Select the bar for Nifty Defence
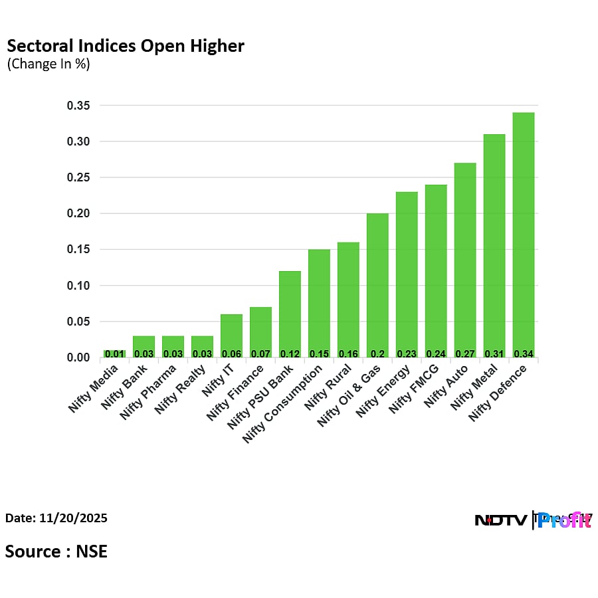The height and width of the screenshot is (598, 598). [x=524, y=235]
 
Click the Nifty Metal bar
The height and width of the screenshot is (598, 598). [x=494, y=246]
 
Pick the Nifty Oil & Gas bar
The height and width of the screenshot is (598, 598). [x=377, y=286]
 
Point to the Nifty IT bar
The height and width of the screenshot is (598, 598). [x=231, y=336]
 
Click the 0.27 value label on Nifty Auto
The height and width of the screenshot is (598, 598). [x=465, y=353]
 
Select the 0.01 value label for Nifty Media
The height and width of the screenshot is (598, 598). [x=114, y=353]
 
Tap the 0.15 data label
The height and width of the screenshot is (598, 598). [x=319, y=353]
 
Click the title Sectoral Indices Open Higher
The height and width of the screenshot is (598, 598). [x=126, y=46]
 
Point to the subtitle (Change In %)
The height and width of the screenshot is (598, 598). [x=49, y=64]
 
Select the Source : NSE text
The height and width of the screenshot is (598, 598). [x=56, y=551]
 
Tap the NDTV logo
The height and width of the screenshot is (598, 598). [x=502, y=520]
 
